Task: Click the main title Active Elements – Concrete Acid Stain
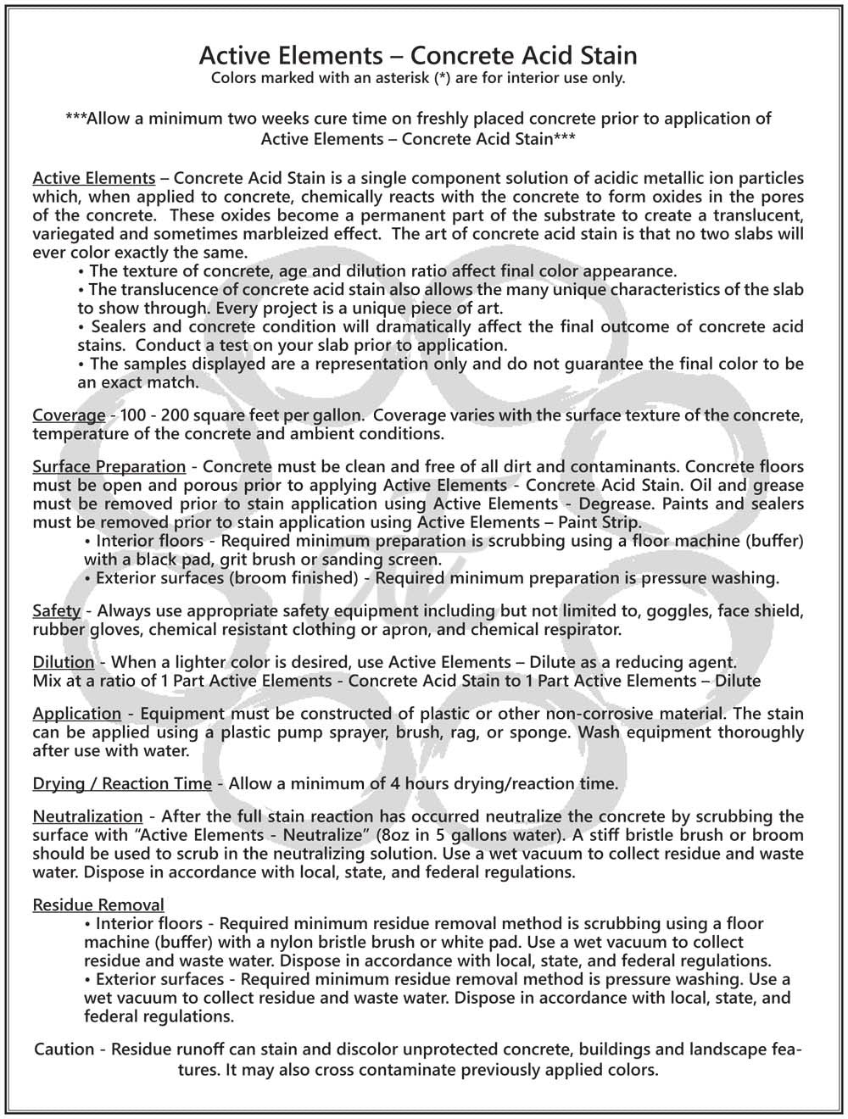tap(417, 56)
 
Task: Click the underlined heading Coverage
tap(69, 415)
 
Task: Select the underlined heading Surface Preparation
tap(109, 466)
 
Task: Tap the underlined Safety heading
tap(56, 610)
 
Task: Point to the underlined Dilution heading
tap(64, 662)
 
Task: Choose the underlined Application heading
tap(76, 714)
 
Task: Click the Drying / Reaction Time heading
tap(122, 783)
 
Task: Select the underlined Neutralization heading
tap(87, 816)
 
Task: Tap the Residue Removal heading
tap(98, 905)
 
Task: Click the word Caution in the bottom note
tap(64, 1049)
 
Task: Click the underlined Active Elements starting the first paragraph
tap(93, 178)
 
